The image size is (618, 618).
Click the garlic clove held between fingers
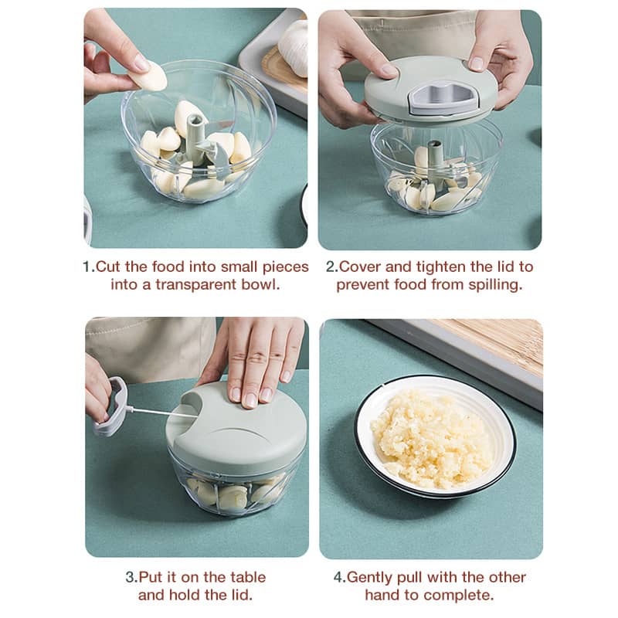click(148, 76)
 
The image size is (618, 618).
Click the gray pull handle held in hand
click(112, 406)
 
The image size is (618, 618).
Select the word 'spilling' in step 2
click(495, 284)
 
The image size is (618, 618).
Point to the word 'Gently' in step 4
click(373, 577)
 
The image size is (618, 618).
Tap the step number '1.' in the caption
click(88, 267)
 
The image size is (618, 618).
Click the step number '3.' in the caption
click(131, 577)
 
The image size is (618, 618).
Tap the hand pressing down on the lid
click(255, 359)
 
